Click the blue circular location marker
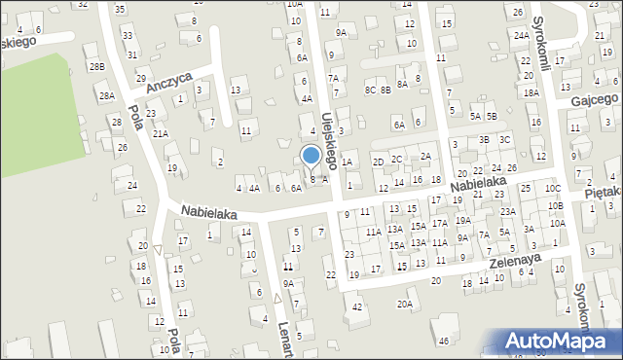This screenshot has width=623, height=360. coord(311,155)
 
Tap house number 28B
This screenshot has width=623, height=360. coord(96,66)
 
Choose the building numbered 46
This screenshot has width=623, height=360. coord(443,341)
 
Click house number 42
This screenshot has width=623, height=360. coord(358,306)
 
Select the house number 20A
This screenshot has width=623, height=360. coord(404,304)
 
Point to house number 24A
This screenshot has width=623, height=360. coord(522,34)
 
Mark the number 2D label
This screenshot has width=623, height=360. coord(378,161)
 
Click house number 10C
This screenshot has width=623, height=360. coord(552,188)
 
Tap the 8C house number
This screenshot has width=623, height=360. coord(370,90)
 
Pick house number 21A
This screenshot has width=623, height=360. coord(160,133)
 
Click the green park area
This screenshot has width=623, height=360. coord(34,112)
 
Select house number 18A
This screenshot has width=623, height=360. coord(531,93)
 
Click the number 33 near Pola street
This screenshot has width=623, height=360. coord(129,36)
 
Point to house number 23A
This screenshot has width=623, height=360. coord(507,211)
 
